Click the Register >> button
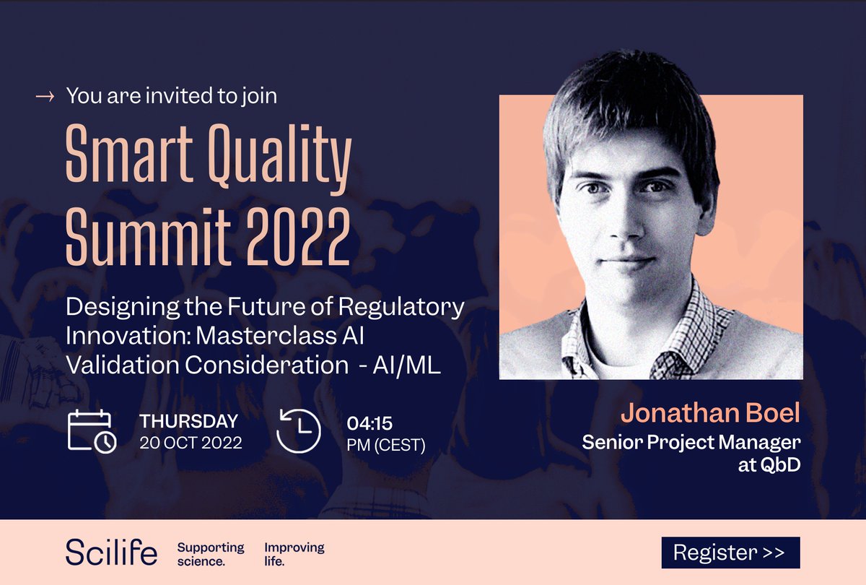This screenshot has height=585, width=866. (x=730, y=553)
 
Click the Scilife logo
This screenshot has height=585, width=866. (x=112, y=553)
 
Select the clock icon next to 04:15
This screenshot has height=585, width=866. (x=298, y=431)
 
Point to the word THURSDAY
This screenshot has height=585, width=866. (x=189, y=421)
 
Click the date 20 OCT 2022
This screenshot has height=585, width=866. (x=191, y=443)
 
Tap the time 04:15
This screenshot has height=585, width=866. (x=369, y=422)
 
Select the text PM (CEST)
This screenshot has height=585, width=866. (x=386, y=444)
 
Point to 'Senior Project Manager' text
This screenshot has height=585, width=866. (x=691, y=441)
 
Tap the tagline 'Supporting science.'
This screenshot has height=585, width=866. (x=210, y=553)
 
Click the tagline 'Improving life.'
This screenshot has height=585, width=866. (x=294, y=553)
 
